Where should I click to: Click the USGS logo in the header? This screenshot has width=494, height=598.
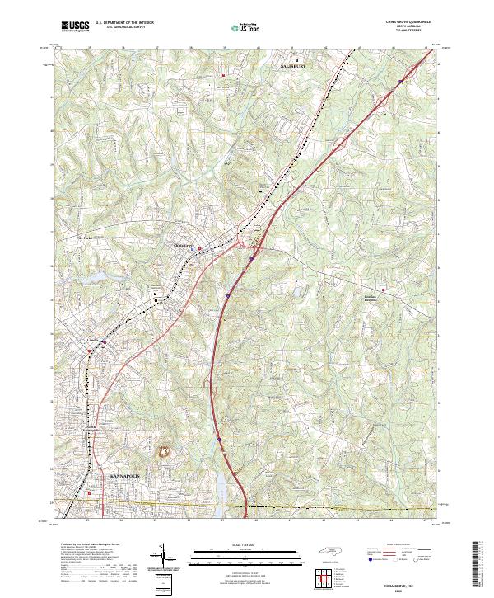75,27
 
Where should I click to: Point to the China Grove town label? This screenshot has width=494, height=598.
183,245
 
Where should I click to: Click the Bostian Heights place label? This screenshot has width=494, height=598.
375,299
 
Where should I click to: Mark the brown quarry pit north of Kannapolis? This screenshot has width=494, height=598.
163,451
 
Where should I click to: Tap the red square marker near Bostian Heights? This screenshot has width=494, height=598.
381,289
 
